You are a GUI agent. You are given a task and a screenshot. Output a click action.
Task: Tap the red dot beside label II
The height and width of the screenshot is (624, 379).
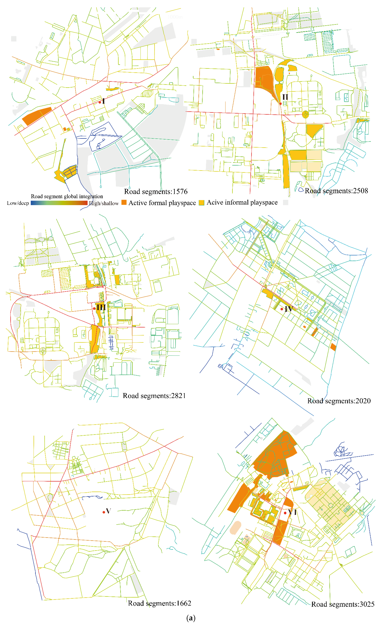(280, 104)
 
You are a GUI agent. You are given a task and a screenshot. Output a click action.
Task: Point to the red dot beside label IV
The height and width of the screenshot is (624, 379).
(282, 309)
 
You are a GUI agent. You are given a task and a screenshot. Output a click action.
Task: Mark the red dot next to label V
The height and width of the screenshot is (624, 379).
(104, 512)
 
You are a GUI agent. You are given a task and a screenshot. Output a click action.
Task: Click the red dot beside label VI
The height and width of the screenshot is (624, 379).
(285, 513)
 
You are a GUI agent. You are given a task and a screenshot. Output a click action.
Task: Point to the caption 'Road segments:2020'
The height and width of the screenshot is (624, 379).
(339, 401)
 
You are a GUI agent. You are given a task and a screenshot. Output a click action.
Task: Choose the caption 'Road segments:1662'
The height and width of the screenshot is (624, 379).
(159, 603)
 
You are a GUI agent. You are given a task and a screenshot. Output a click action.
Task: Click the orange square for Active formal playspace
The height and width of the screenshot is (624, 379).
(124, 202)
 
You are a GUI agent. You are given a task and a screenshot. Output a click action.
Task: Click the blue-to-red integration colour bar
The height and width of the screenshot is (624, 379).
(59, 203)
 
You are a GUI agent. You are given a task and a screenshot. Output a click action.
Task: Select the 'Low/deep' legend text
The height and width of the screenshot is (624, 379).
(18, 203)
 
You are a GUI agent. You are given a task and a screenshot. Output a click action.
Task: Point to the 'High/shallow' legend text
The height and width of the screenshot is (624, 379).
(104, 203)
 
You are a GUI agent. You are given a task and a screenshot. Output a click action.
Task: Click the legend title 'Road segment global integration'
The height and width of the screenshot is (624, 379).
(67, 196)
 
